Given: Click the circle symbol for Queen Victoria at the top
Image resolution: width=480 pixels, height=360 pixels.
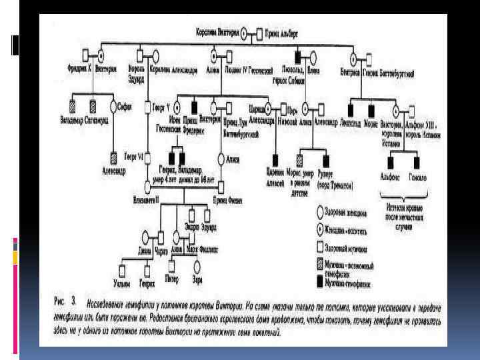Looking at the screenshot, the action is tap(244, 32).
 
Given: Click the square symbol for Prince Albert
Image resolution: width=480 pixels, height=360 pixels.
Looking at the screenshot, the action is tap(257, 32).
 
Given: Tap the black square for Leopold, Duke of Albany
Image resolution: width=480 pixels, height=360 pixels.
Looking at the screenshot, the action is tap(298, 53).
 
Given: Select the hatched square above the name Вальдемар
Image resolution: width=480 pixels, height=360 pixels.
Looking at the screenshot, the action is tap(71, 105).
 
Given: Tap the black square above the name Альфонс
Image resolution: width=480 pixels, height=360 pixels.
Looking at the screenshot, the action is tap(393, 161).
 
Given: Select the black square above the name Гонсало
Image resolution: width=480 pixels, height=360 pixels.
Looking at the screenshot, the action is tap(417, 161).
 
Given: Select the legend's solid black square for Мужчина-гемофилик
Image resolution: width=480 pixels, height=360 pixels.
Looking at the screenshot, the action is tap(321, 280).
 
